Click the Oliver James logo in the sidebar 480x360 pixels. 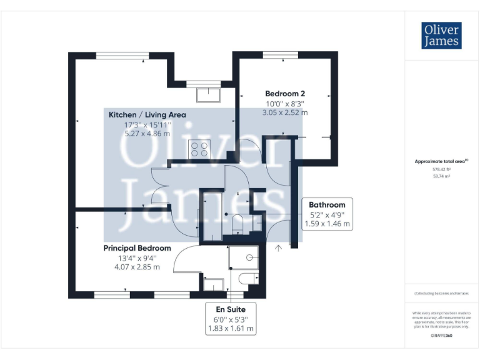[441, 36]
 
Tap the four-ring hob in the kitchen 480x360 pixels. [201, 149]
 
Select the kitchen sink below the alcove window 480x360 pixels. [207, 94]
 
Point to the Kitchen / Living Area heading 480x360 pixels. [147, 114]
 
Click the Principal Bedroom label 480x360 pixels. [137, 248]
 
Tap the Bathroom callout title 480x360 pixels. [327, 204]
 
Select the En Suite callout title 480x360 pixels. [231, 309]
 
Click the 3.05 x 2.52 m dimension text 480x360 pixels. [285, 112]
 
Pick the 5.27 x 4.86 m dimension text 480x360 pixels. [147, 133]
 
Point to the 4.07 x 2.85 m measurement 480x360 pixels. [137, 267]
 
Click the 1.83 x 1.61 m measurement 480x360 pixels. [231, 327]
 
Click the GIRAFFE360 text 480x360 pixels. [441, 336]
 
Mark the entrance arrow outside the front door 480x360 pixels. [279, 248]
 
